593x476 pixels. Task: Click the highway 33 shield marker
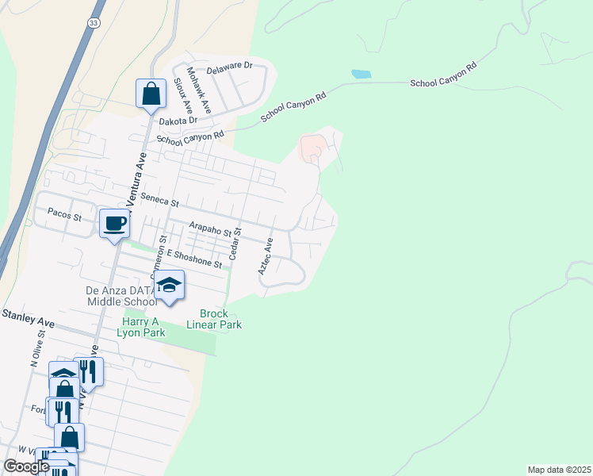click(94, 24)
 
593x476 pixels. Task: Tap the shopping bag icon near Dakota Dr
click(151, 94)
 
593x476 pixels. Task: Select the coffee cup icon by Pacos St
click(114, 223)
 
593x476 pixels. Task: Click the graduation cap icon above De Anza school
click(169, 285)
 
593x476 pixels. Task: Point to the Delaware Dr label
click(229, 70)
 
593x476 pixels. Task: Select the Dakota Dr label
click(178, 121)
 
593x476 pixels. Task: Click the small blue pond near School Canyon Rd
click(362, 75)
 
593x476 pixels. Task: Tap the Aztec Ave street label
click(265, 256)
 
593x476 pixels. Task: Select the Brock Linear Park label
click(214, 319)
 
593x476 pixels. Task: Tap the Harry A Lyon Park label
click(143, 327)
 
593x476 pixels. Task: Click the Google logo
click(26, 466)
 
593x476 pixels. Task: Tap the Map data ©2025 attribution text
click(558, 470)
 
